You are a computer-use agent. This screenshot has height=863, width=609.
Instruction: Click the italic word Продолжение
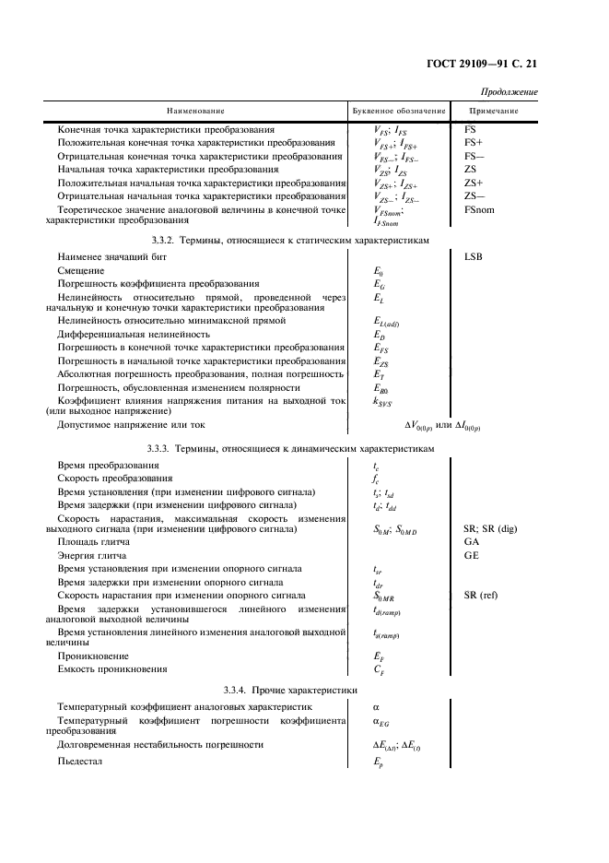pyautogui.click(x=509, y=92)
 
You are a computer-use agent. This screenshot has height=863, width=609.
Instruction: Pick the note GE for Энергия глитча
pyautogui.click(x=472, y=557)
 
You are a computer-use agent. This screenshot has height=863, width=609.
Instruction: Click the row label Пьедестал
pyautogui.click(x=80, y=762)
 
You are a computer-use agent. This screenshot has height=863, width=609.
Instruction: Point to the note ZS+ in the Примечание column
pyautogui.click(x=474, y=183)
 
